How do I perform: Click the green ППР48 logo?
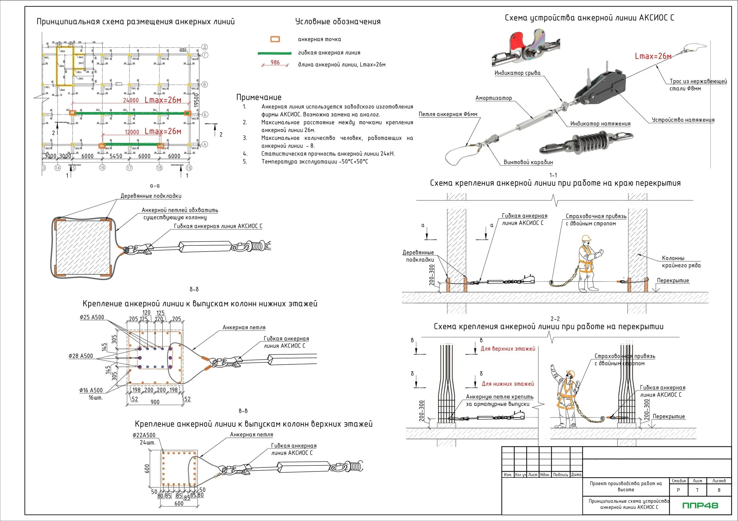coord(700,505)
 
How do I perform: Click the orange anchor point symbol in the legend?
coord(275,39)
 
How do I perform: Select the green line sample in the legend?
coord(274,53)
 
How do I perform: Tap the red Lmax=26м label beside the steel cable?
coord(653,56)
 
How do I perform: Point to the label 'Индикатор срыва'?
coord(517,73)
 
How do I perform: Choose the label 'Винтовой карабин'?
coord(528,162)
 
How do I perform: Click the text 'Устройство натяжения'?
coord(683,120)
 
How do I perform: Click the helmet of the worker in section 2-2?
coord(570,373)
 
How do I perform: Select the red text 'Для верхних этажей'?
coord(508,349)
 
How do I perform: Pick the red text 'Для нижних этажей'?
coord(508,384)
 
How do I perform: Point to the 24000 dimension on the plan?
coord(131,100)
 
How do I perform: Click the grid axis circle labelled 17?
coord(129,168)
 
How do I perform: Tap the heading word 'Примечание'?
coord(259,97)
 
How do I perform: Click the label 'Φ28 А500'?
coord(81,356)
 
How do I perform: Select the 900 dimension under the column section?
coord(155,402)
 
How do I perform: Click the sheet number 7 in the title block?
coord(697,490)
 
